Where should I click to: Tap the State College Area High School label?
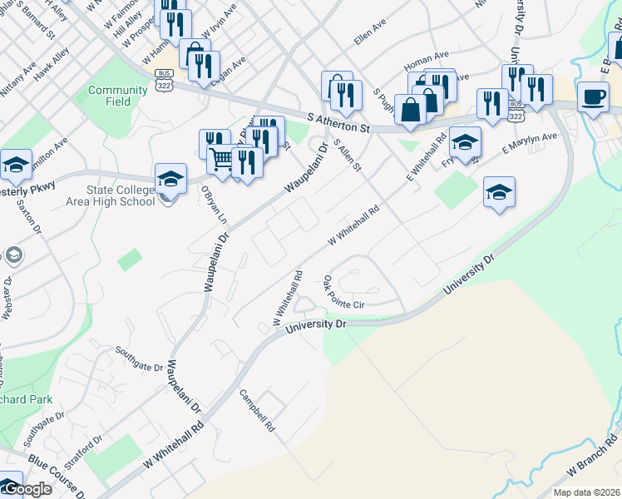(113, 196)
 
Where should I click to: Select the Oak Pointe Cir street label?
(344, 294)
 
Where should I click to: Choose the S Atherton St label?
(337, 123)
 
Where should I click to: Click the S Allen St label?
(348, 156)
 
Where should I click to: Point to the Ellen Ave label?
(370, 39)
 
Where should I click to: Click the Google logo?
(27, 489)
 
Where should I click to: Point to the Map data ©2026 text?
(586, 492)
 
